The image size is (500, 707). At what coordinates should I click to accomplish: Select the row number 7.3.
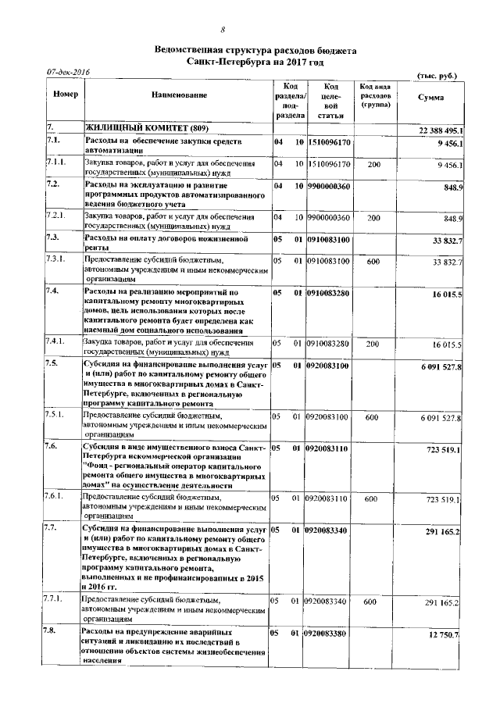(54, 237)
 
